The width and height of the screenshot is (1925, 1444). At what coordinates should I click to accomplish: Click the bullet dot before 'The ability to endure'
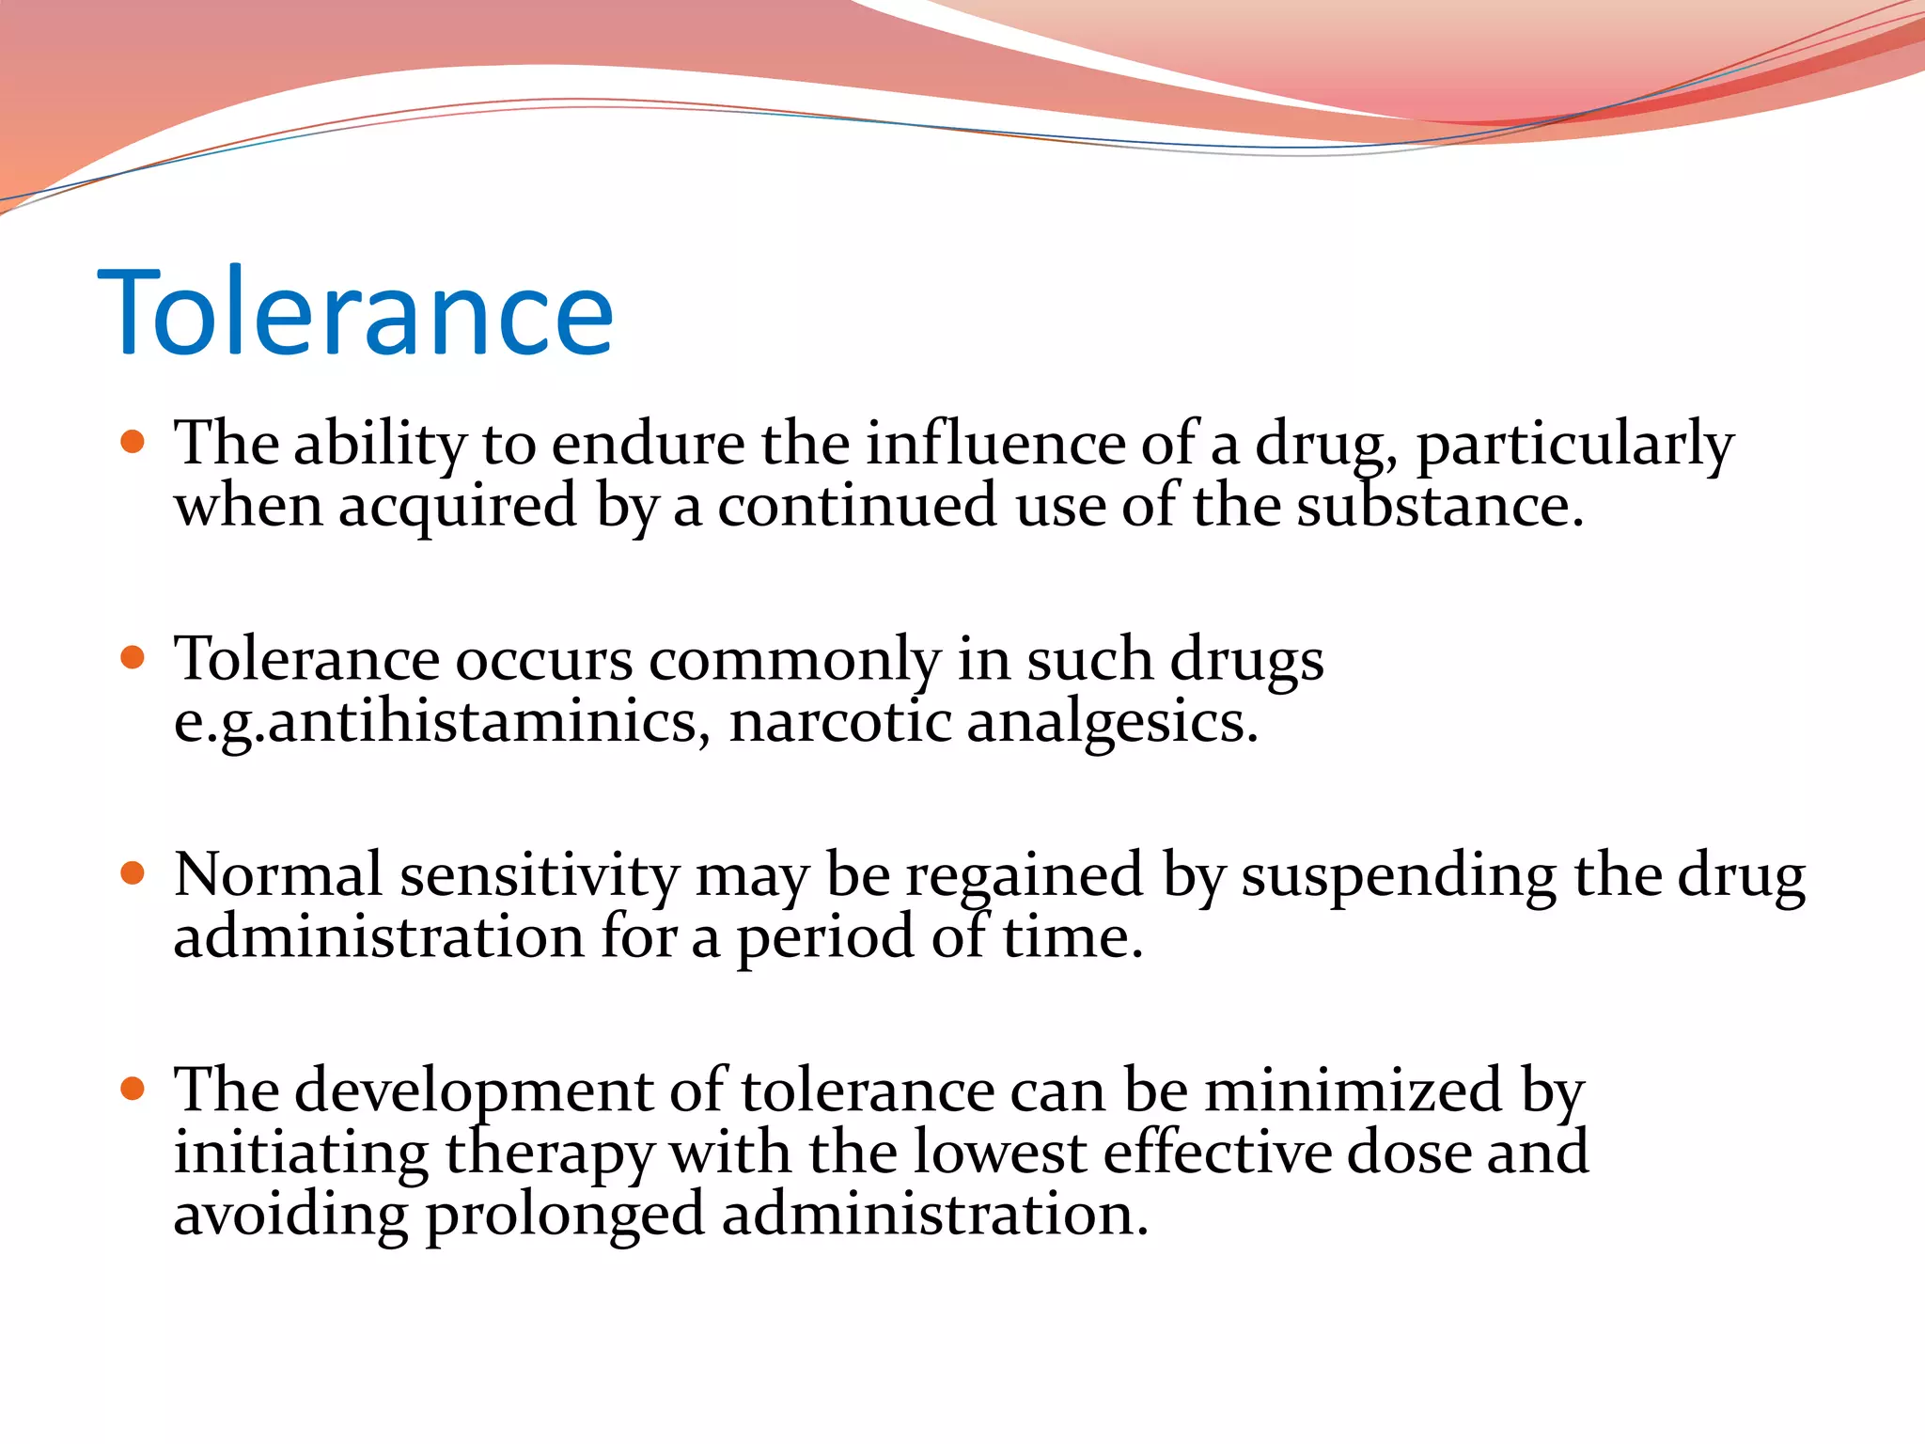click(x=133, y=442)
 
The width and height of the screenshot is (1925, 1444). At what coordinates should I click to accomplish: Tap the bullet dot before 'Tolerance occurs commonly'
click(x=133, y=657)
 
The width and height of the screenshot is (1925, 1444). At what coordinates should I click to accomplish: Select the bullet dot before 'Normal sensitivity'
click(x=133, y=873)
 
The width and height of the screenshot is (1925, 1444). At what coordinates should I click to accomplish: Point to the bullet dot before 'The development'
click(x=133, y=1089)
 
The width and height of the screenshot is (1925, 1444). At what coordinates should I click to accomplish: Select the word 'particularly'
click(x=1574, y=446)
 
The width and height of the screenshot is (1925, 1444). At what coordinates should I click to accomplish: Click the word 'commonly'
click(x=794, y=662)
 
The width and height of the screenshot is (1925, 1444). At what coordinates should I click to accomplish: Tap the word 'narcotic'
click(x=840, y=722)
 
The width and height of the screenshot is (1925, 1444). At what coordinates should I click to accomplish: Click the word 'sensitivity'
click(x=539, y=876)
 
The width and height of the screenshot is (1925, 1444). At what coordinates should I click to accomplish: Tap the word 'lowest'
click(x=999, y=1153)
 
